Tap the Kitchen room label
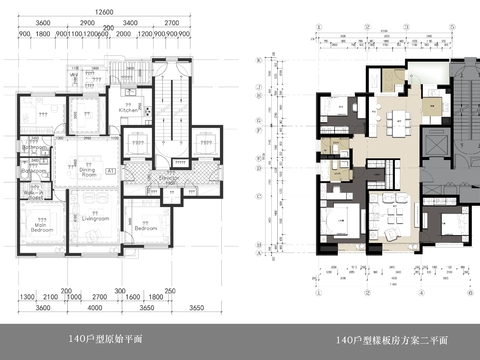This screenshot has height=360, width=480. click(128, 110)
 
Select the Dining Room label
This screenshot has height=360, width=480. click(88, 172)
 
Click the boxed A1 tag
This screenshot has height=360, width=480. click(110, 173)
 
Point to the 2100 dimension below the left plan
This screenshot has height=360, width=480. click(52, 297)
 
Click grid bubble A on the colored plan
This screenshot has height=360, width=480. click(260, 255)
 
